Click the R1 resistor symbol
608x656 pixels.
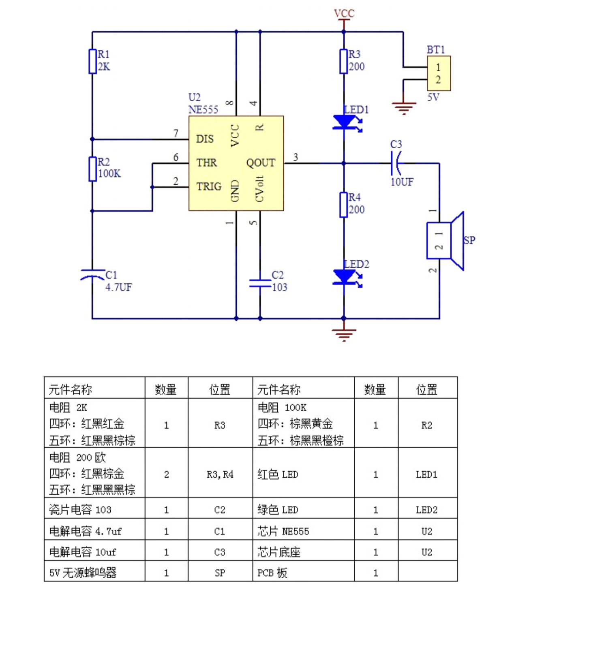[92, 61]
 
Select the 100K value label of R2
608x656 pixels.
[109, 174]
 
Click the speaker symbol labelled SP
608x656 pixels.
[445, 241]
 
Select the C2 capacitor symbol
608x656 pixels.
[260, 283]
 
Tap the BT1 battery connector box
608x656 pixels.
[439, 73]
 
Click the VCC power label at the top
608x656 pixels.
[344, 13]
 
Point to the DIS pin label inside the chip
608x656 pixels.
[205, 139]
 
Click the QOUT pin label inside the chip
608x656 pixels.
[261, 163]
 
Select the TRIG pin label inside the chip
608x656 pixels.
[209, 186]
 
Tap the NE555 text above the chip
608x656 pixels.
[203, 110]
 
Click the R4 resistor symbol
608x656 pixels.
[344, 205]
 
